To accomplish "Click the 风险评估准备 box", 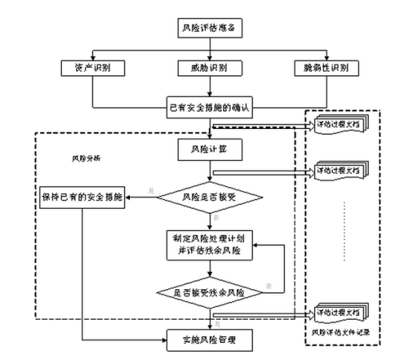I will (211, 29).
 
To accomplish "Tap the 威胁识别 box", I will (211, 69).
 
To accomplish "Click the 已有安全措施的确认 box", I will (211, 108).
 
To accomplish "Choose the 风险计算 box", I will (211, 149).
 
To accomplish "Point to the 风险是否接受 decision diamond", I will (211, 198).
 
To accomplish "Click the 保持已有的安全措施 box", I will (81, 198).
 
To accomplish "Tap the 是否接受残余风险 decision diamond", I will (211, 292).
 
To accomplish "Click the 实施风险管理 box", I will (211, 340).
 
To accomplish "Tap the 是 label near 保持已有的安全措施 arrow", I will (152, 192).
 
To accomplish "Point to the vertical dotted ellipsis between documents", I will (344, 231).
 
